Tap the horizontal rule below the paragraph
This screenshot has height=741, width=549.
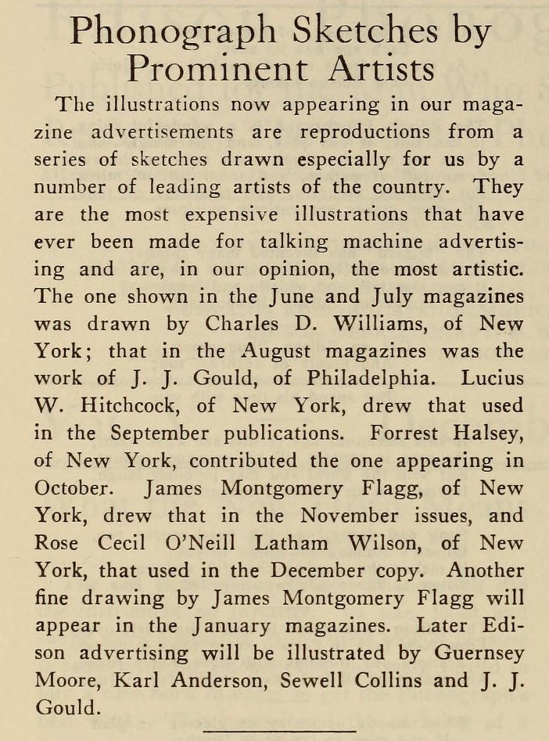pos(280,730)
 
